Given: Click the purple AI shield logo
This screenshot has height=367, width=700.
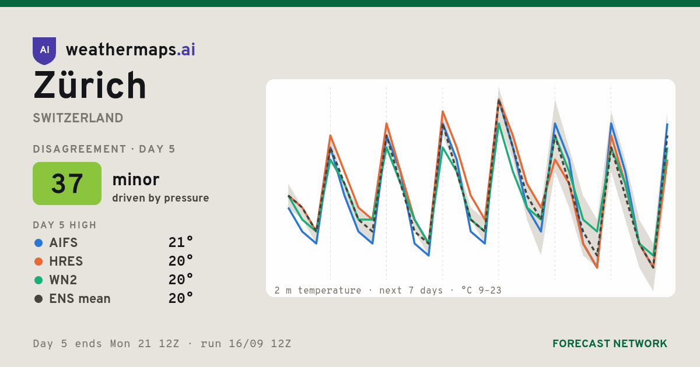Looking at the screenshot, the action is click(44, 51).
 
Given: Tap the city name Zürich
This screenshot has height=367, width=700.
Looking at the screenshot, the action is click(90, 85).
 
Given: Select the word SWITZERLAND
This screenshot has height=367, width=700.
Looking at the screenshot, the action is click(78, 118).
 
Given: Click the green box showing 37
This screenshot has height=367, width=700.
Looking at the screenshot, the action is click(67, 183).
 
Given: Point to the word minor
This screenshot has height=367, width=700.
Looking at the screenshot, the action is click(135, 179).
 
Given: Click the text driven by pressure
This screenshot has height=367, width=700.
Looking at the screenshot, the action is click(160, 198).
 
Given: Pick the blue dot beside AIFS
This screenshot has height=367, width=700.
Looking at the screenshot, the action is click(38, 243).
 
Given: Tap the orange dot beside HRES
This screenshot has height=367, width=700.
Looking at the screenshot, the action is click(38, 262).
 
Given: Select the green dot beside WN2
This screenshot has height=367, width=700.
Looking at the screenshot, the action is click(38, 280).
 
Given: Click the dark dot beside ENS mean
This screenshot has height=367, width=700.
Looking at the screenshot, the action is click(38, 299).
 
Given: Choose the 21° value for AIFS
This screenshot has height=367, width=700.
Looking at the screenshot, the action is click(181, 242).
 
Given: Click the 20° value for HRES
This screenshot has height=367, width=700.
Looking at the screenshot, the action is click(181, 261).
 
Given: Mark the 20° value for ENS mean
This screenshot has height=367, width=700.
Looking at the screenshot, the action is click(181, 299).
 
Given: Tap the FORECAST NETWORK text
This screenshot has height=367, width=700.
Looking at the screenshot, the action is click(610, 344).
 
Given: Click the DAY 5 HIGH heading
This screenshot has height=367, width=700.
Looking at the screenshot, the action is click(65, 225).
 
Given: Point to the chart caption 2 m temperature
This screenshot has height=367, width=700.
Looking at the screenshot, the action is click(318, 291).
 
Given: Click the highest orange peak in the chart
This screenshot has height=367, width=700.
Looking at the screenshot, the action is click(499, 100).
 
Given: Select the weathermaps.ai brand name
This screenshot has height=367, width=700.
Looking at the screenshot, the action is click(131, 50).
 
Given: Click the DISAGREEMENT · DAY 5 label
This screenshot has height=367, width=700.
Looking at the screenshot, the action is click(104, 149).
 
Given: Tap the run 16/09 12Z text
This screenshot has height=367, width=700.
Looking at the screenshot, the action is click(246, 344).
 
